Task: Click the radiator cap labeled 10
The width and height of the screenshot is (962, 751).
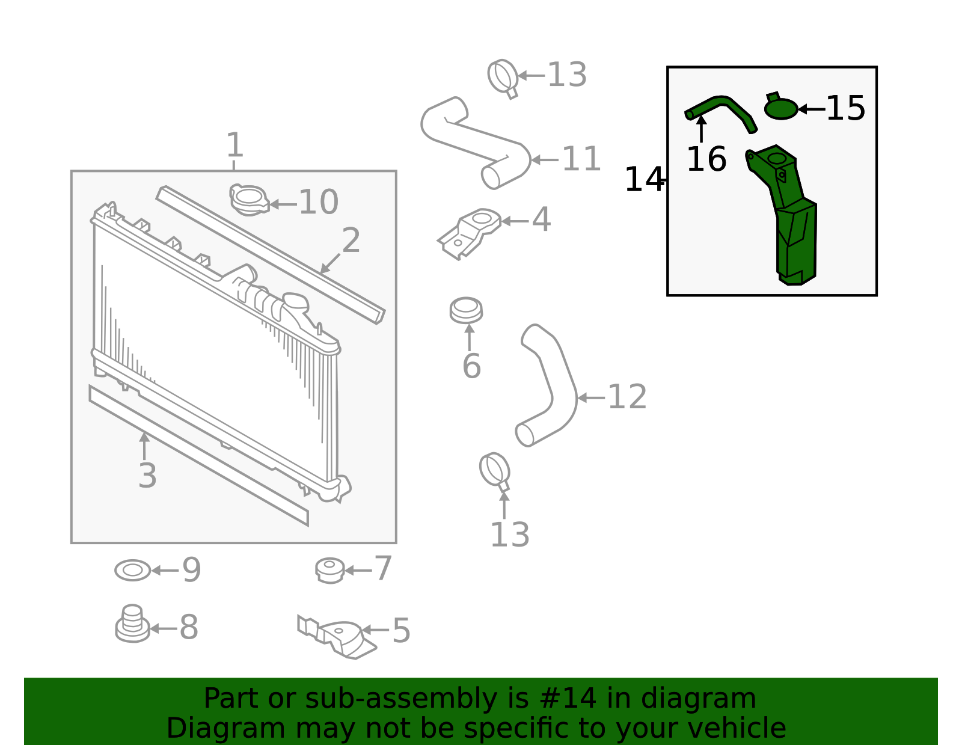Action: click(x=250, y=200)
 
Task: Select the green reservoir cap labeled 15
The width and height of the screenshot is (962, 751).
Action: click(x=780, y=106)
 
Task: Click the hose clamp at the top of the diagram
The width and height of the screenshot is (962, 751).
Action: click(x=503, y=78)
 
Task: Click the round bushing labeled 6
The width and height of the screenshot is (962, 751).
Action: click(x=466, y=310)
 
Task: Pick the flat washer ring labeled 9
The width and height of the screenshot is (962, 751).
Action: click(x=132, y=570)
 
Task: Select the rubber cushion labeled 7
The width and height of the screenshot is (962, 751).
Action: click(x=330, y=571)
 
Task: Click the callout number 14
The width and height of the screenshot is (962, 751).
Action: click(x=644, y=179)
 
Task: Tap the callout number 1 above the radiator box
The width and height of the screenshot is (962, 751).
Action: click(x=234, y=145)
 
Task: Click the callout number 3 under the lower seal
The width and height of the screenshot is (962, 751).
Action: click(x=147, y=476)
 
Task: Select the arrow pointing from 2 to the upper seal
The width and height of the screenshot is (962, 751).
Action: click(x=330, y=264)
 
